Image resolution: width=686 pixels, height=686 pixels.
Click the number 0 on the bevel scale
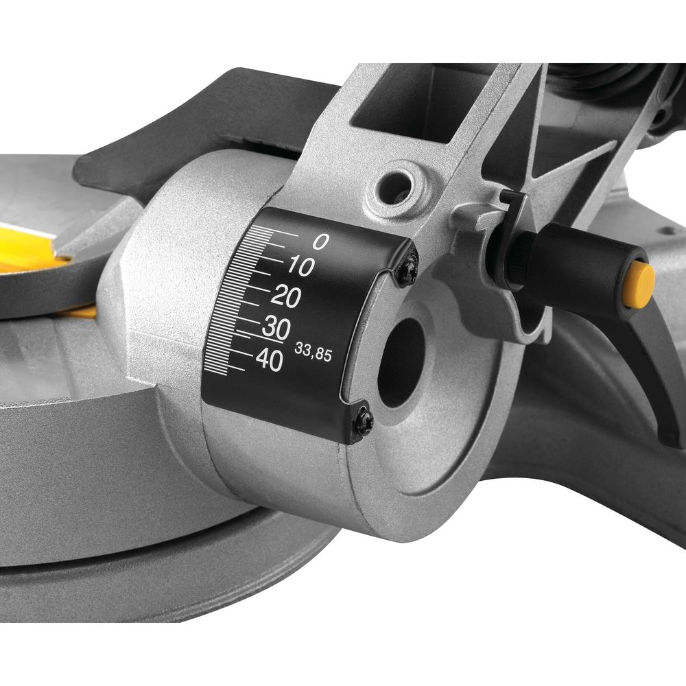320,241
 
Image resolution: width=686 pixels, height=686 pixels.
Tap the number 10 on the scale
299,268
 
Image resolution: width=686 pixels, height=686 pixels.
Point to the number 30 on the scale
275,328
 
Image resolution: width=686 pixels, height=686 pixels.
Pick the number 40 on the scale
268,359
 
